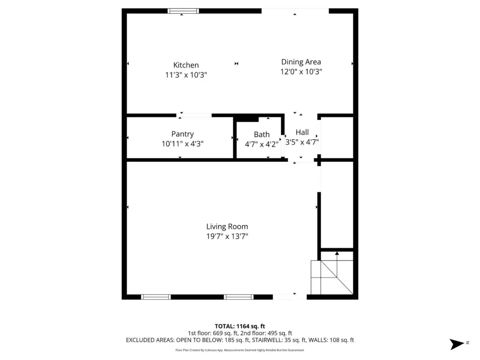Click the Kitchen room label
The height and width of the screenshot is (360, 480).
[186, 65]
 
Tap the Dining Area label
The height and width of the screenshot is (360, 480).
[301, 62]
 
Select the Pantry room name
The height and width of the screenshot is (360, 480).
[182, 134]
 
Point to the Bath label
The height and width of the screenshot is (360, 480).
[262, 135]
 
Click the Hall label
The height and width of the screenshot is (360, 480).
[302, 132]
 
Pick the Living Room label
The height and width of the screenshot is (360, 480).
[227, 226]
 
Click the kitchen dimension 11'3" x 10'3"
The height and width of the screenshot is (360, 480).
[186, 75]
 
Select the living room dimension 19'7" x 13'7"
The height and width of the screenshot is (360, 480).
[227, 236]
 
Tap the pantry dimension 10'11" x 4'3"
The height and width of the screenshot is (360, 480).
[182, 143]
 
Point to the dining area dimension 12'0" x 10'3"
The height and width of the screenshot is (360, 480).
[301, 72]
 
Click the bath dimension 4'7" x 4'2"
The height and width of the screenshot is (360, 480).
[262, 144]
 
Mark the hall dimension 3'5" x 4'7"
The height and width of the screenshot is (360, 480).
[302, 142]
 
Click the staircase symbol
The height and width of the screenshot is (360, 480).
[332, 277]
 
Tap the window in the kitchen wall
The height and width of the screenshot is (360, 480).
[183, 11]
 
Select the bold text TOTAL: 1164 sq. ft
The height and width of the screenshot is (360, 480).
[240, 326]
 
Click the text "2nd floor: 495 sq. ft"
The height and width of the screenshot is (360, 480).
[266, 333]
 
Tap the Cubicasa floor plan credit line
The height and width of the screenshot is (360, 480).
[240, 350]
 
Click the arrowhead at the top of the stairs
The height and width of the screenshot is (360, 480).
[337, 253]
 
